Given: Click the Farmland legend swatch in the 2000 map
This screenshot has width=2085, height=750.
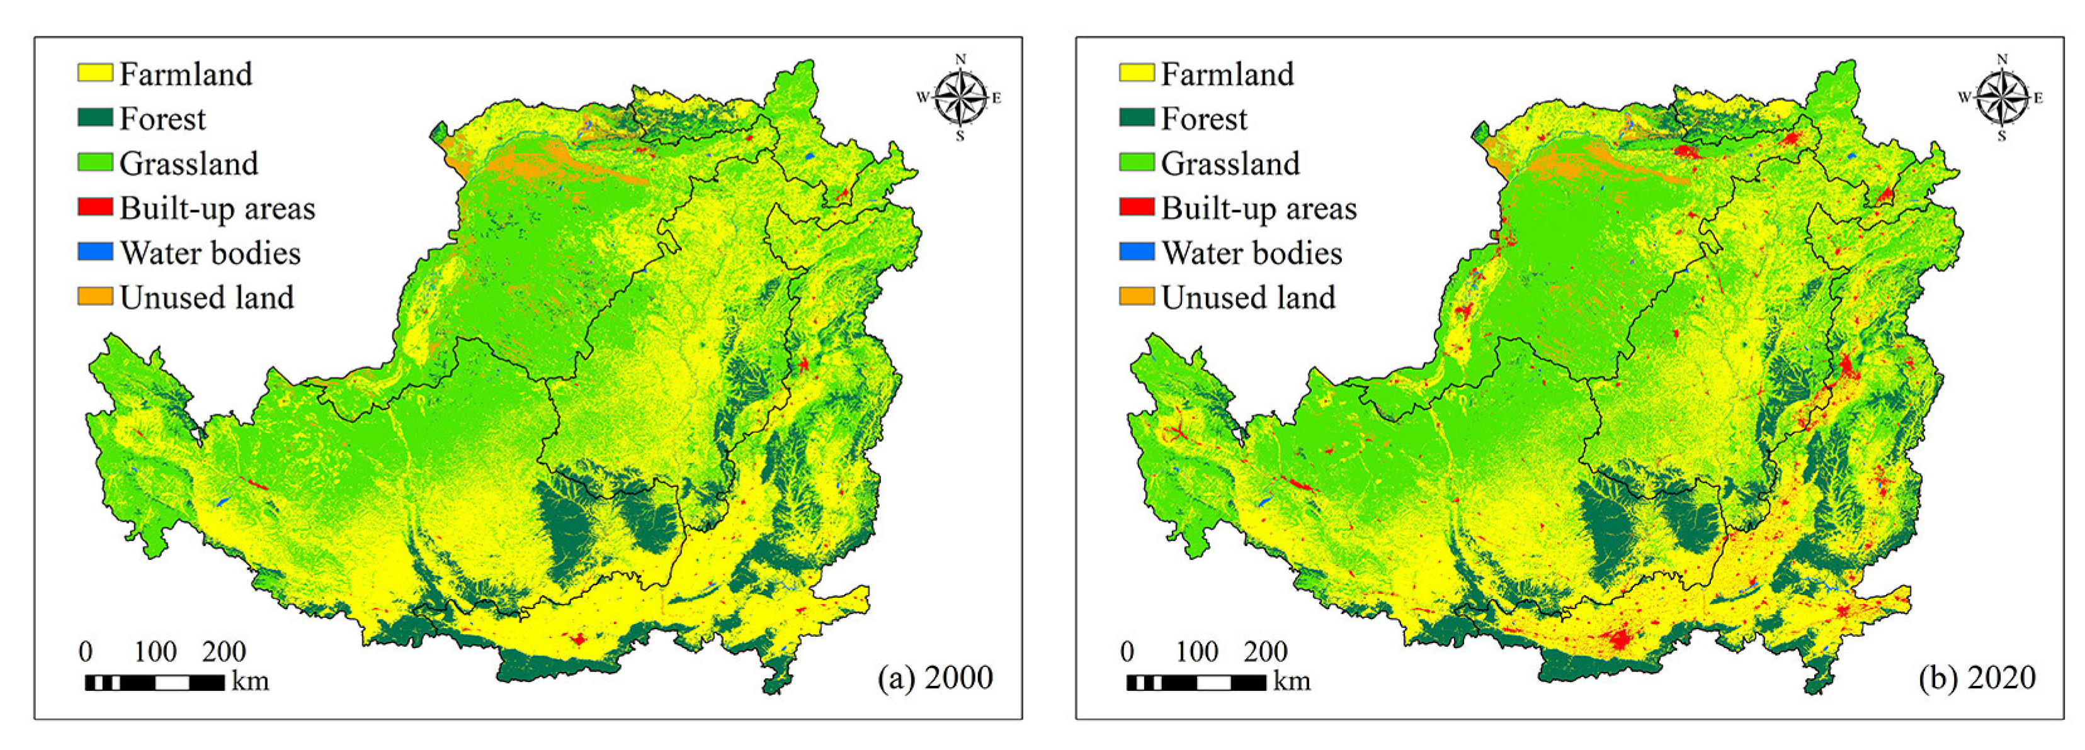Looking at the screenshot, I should (x=94, y=74).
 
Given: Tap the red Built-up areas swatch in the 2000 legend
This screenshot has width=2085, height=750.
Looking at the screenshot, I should (x=94, y=207).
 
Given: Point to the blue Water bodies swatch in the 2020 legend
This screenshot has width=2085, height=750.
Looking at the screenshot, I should (x=1137, y=252).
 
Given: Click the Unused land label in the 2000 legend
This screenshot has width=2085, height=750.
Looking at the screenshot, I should (x=207, y=298).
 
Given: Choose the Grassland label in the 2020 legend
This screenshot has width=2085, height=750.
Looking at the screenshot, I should (x=1230, y=164).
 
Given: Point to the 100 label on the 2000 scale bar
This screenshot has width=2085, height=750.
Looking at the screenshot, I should (x=154, y=651).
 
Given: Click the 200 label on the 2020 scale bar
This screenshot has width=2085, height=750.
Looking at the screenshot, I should (x=1265, y=651).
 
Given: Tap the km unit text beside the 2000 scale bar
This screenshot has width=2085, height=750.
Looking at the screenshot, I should (x=250, y=681).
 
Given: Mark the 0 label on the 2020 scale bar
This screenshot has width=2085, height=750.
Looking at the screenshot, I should (x=1127, y=651).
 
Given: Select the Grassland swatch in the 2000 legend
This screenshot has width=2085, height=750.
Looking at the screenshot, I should (x=94, y=162).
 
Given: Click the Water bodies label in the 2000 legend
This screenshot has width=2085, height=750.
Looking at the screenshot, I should (x=210, y=253).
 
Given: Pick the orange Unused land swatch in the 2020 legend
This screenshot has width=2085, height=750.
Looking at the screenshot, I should (x=1137, y=296).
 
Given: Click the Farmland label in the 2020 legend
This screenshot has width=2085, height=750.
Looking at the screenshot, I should (x=1227, y=74).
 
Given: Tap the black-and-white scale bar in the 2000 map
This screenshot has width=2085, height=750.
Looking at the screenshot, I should (x=154, y=683).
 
